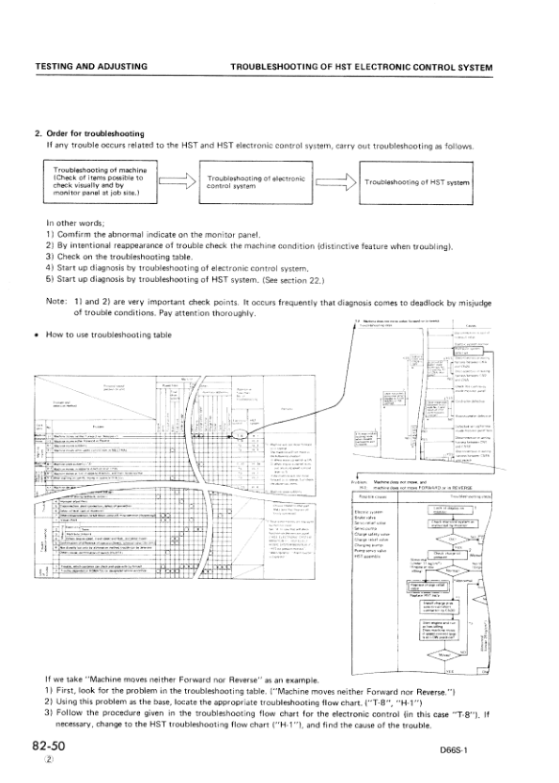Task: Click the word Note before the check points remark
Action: pos(55,301)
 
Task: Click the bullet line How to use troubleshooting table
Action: pos(111,337)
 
